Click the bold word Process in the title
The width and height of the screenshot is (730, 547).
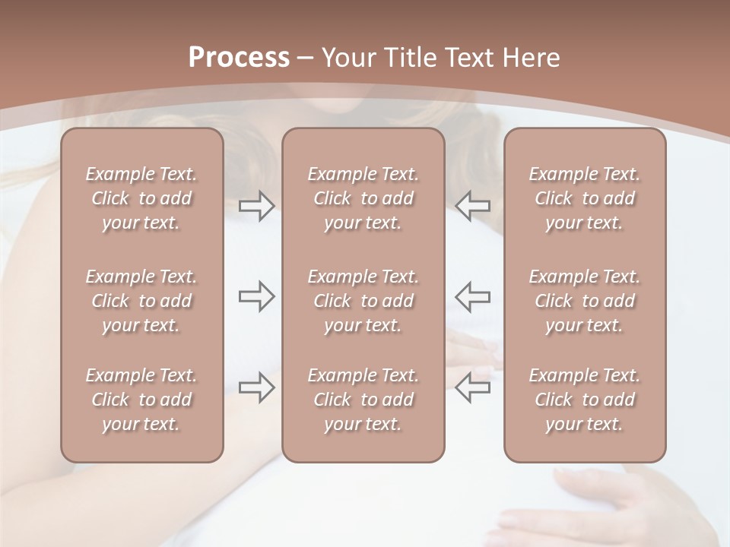pos(239,58)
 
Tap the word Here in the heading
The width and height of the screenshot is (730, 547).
pos(532,58)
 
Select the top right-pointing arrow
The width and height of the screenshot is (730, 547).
pos(257,205)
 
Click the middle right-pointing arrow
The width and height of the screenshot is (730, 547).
pos(257,296)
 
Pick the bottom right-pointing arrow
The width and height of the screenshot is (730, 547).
pos(257,387)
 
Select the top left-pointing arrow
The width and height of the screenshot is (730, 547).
pos(473,205)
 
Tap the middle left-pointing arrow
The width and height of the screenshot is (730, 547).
pos(473,296)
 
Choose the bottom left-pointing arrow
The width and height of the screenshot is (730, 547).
pos(473,387)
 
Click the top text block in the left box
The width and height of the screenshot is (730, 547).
pos(141,198)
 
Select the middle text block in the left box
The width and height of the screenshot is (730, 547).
pos(141,301)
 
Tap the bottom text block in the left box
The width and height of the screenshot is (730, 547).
pos(141,400)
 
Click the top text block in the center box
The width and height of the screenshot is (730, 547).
pos(363,198)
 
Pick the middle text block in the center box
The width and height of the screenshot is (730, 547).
pos(363,301)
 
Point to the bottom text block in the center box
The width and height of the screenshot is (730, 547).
pos(363,400)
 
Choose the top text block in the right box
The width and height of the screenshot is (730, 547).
pos(585,198)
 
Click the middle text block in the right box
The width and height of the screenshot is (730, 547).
pos(585,301)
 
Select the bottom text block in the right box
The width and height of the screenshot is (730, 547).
pos(585,400)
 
